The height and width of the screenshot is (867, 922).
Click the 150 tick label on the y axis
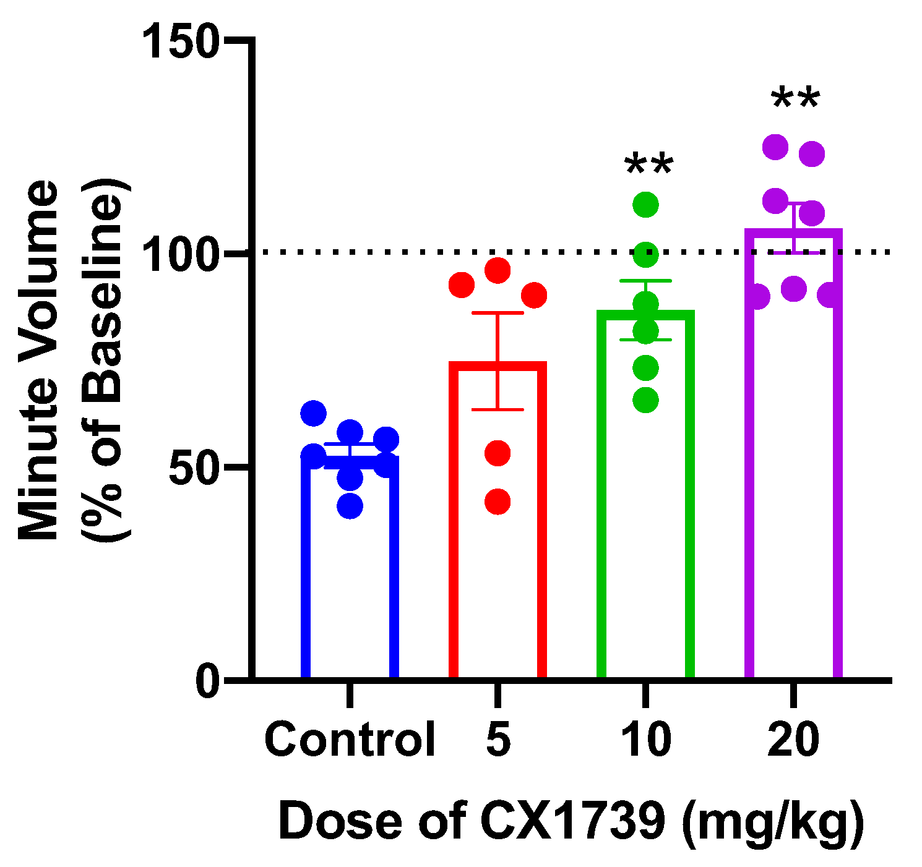click(181, 41)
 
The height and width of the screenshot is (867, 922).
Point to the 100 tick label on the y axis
click(181, 253)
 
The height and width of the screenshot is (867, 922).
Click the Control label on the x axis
click(350, 740)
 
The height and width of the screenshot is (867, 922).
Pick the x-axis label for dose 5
click(498, 740)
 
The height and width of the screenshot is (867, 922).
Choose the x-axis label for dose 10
click(645, 740)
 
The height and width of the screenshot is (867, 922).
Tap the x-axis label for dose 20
click(793, 740)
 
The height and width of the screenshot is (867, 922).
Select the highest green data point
click(645, 205)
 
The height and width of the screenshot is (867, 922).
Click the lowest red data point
click(498, 502)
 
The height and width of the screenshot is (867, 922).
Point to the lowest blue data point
click(350, 505)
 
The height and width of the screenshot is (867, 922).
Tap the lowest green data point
click(645, 400)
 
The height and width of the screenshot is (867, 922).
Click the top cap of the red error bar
click(498, 313)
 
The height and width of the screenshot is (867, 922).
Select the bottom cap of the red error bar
click(498, 409)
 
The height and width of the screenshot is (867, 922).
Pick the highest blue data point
click(313, 413)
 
